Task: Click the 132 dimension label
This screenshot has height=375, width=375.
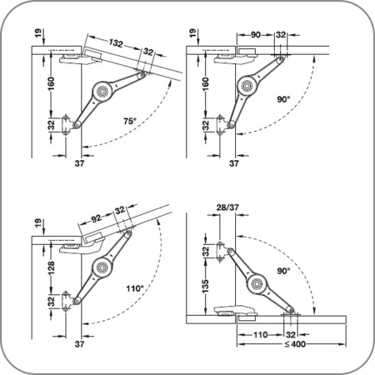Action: coord(116,42)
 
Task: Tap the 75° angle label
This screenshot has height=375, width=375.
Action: coord(130,121)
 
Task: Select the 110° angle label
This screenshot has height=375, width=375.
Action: coord(135,288)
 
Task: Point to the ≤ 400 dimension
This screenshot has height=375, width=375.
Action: coord(295,344)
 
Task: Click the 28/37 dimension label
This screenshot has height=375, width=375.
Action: coord(227,207)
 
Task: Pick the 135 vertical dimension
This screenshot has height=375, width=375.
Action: coord(205,287)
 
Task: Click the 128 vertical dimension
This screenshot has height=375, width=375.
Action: coord(51,267)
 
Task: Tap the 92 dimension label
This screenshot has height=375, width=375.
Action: coord(97,218)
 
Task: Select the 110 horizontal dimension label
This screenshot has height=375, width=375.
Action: coord(260,335)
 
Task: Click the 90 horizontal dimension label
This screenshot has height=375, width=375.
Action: coord(256,35)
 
